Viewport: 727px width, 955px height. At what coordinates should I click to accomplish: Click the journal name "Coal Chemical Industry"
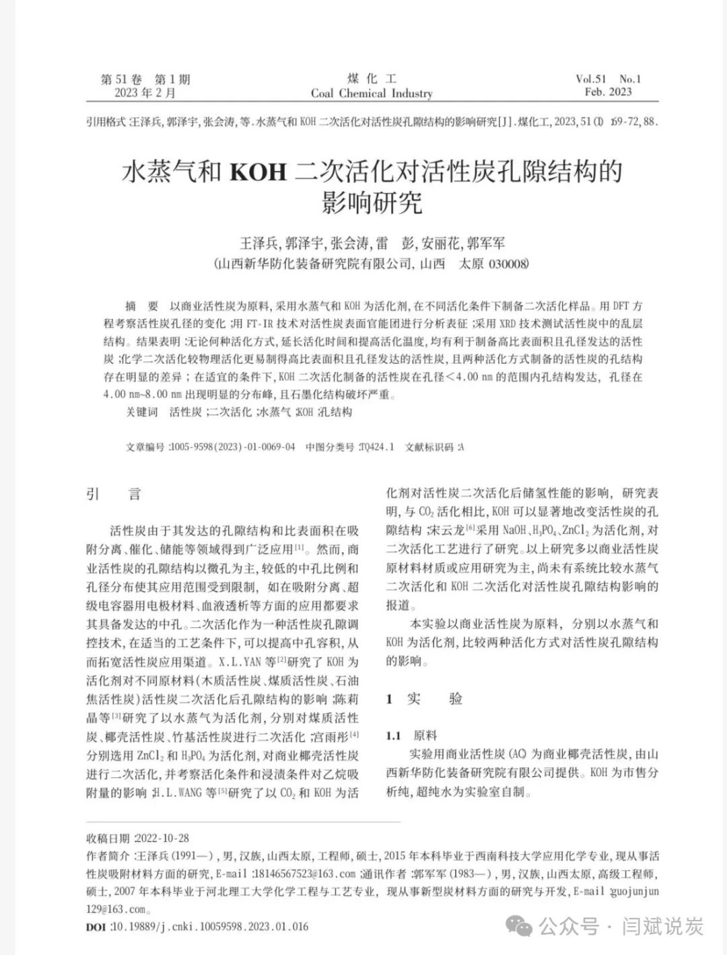(372, 94)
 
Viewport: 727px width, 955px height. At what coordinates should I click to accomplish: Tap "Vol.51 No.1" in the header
(608, 79)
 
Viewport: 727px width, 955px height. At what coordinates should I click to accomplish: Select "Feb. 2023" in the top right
(609, 92)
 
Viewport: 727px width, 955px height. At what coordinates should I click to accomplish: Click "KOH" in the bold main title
(258, 173)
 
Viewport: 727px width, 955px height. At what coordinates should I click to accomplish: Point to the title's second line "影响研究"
(372, 202)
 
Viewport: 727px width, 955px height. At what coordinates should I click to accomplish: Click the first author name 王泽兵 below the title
(259, 243)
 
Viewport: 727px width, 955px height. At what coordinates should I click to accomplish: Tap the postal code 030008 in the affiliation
(509, 264)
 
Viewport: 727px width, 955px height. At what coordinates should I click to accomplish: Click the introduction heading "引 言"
(114, 495)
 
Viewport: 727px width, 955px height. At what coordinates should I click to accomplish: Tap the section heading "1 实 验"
(424, 699)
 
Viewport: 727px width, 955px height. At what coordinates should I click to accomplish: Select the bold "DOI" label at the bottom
(97, 927)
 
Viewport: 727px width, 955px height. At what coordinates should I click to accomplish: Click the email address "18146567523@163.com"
(304, 874)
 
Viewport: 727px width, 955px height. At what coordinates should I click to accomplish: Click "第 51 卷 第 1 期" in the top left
(145, 79)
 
